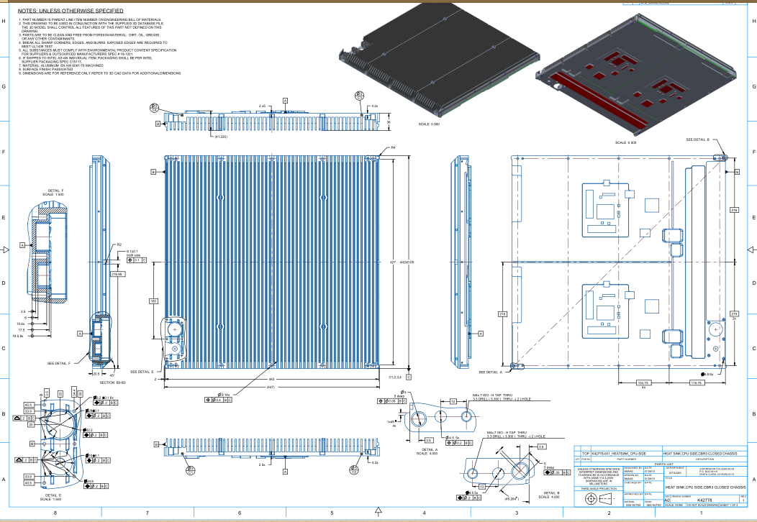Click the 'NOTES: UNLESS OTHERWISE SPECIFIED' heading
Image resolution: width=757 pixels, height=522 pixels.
coord(70,12)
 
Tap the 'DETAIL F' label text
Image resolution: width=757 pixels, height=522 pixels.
coord(53,191)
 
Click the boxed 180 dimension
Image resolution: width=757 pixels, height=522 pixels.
coord(153,301)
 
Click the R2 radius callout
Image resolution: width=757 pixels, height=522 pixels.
coord(119,244)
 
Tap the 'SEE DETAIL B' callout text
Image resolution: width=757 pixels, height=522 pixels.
coord(697,139)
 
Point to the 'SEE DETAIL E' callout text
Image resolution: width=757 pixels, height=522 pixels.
coord(142,372)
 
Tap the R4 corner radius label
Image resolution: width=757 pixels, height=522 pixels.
coord(393,147)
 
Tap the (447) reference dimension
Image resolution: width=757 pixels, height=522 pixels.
coord(271,387)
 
